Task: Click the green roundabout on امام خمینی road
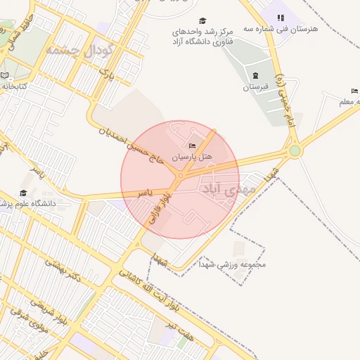[295, 150]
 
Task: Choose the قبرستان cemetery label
[257, 87]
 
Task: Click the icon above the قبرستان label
[255, 75]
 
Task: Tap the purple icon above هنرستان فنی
[281, 18]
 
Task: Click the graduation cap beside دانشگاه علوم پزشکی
[23, 193]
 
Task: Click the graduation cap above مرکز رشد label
[203, 21]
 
